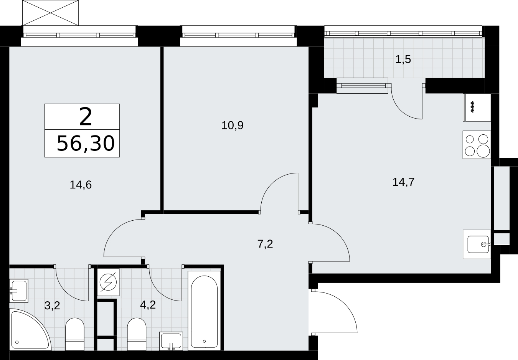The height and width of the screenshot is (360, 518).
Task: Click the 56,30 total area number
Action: (86, 144)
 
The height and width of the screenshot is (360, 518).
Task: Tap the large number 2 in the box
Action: (86, 117)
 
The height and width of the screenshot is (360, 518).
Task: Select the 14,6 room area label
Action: (81, 185)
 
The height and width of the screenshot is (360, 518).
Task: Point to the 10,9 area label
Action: (233, 126)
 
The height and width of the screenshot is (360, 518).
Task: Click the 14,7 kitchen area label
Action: (404, 182)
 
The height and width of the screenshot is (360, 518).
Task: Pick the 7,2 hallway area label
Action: (265, 244)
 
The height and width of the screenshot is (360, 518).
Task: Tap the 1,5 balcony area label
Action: (403, 59)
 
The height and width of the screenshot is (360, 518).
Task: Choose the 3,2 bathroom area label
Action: (52, 306)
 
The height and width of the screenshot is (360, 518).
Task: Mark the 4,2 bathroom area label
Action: (148, 305)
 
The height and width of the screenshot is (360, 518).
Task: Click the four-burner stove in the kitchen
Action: (477, 145)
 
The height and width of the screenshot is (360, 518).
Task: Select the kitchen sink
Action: (477, 244)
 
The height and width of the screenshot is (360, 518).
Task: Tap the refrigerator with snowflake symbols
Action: (477, 107)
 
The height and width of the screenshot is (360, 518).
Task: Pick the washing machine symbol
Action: (108, 282)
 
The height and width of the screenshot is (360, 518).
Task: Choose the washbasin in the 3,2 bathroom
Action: (18, 291)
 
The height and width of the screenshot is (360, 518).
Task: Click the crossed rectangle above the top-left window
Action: (50, 13)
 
